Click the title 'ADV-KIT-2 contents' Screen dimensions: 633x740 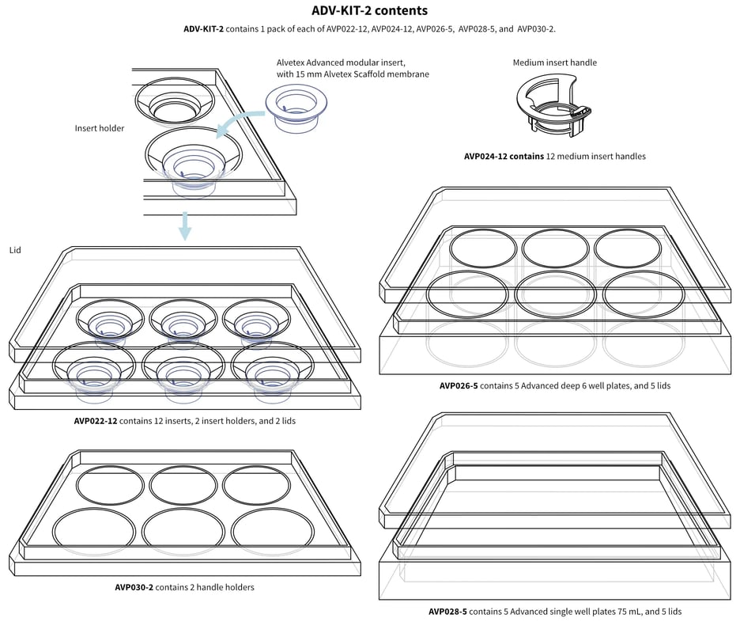(369, 11)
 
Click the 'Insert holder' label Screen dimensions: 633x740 (100, 128)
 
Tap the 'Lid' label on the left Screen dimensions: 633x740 (15, 250)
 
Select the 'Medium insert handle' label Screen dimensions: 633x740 (554, 63)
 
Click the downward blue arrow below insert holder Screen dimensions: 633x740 (184, 226)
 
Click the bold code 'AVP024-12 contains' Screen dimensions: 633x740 (504, 157)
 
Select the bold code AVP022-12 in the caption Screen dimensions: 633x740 (96, 421)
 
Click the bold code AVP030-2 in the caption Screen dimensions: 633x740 (134, 587)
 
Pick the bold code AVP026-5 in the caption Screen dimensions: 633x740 (459, 386)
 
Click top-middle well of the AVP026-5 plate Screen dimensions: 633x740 (555, 248)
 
